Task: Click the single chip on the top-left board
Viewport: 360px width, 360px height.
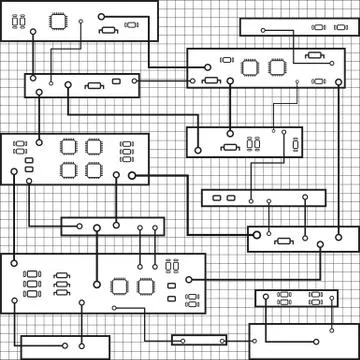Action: [x=58, y=18]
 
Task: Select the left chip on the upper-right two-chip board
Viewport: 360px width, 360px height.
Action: [x=249, y=67]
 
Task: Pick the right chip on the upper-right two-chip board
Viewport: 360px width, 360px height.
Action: [x=277, y=67]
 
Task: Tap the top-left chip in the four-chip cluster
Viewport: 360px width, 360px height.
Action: [x=68, y=146]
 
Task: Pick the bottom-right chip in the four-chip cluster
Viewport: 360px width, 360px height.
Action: [x=94, y=169]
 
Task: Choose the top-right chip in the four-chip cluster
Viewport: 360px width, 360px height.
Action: [x=94, y=146]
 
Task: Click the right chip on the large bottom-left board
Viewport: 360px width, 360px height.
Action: [x=146, y=286]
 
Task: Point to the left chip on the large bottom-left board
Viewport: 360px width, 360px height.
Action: [x=120, y=286]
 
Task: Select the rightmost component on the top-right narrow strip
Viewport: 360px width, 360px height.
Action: [x=339, y=28]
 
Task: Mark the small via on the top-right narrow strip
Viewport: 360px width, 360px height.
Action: [x=262, y=30]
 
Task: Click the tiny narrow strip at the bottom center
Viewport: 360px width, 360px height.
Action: [x=198, y=340]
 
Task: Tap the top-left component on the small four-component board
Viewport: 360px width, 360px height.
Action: [x=284, y=295]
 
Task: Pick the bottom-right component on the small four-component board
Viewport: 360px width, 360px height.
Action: [x=316, y=302]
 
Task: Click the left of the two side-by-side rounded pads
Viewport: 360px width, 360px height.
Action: [x=218, y=198]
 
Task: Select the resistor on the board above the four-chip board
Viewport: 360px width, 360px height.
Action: [x=94, y=86]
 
